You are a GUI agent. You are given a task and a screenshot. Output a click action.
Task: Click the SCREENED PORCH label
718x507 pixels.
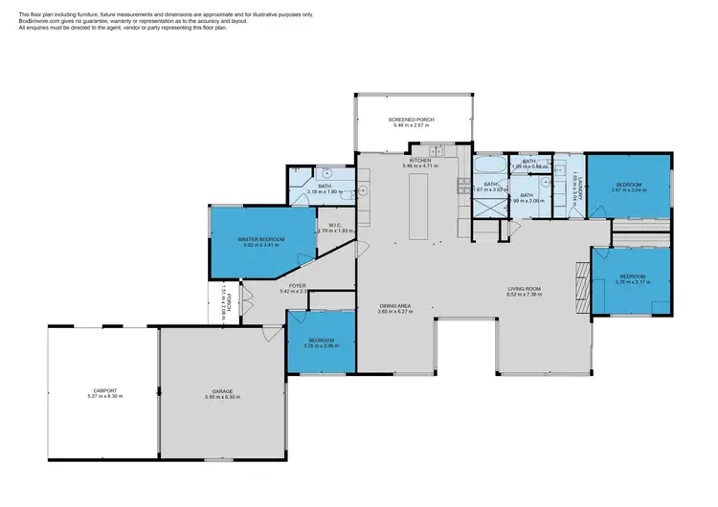[411, 120]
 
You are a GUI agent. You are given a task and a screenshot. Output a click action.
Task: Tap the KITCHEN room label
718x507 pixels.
[422, 160]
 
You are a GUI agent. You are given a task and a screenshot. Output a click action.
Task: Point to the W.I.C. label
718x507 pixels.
[335, 224]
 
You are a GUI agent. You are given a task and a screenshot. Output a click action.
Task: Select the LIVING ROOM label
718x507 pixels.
[525, 288]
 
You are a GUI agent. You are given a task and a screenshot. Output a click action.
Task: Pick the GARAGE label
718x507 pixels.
[222, 390]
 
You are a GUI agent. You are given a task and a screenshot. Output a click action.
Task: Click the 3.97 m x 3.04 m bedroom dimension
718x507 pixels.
[628, 190]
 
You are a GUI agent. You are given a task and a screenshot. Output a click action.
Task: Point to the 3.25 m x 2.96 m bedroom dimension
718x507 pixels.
[321, 346]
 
